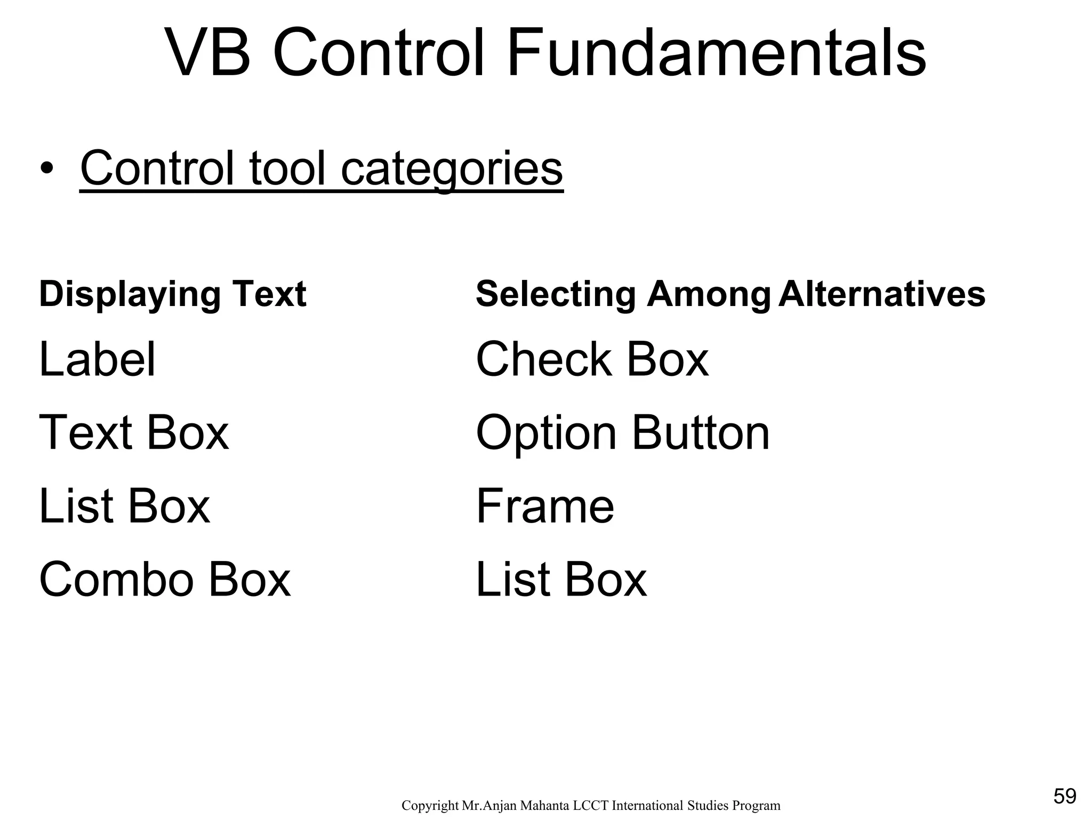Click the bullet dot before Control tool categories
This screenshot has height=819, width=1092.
pos(47,170)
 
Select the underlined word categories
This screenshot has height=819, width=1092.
pos(452,168)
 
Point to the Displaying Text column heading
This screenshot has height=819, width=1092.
pos(173,294)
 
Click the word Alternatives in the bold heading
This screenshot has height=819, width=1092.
pos(881,294)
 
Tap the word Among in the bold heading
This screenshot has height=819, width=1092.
pos(709,294)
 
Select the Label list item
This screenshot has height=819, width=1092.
pos(98,359)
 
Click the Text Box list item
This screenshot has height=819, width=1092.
pos(134,432)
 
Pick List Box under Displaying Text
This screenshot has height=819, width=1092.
pos(125,506)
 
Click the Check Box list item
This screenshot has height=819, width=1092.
pos(592,359)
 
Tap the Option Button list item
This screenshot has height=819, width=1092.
pos(622,432)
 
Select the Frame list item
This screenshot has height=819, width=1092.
pos(545,506)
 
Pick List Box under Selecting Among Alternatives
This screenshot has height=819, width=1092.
pos(561,580)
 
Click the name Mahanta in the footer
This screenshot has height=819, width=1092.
pos(544,806)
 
